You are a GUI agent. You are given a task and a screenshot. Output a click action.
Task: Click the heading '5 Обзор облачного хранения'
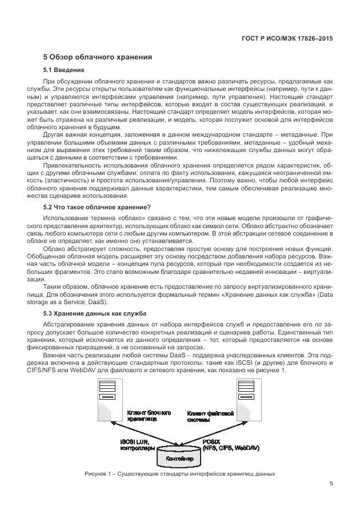point(98,57)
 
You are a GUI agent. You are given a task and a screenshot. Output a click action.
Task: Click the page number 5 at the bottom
point(331,483)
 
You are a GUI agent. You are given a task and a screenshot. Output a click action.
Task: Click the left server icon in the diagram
point(106,400)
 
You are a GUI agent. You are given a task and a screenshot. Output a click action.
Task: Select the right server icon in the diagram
point(242,400)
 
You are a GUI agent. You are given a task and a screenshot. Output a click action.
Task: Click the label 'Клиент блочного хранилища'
point(146,415)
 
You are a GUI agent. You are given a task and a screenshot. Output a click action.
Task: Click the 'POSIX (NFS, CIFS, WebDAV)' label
point(225,445)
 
